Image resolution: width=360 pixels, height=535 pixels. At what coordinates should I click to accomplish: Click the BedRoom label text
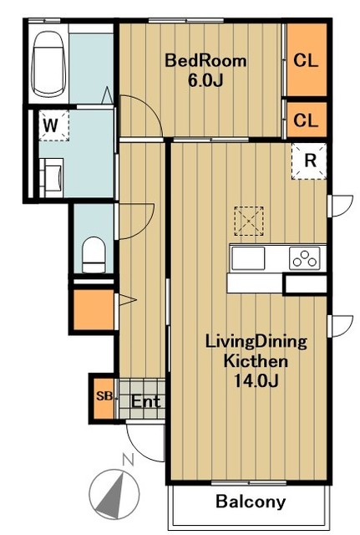pyautogui.click(x=205, y=61)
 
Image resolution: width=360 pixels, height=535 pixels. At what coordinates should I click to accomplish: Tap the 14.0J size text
pyautogui.click(x=256, y=381)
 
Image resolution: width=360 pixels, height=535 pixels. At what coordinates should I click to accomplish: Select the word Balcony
pyautogui.click(x=251, y=502)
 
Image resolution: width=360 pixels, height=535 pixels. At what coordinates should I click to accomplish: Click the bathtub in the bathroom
pyautogui.click(x=48, y=64)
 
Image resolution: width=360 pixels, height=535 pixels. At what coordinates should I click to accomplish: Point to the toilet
pyautogui.click(x=94, y=255)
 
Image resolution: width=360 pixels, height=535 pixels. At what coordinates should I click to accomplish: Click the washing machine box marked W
pyautogui.click(x=53, y=125)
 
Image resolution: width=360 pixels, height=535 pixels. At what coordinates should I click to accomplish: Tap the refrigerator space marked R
pyautogui.click(x=309, y=160)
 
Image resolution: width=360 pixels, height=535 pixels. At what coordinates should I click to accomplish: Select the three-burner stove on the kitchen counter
pyautogui.click(x=305, y=258)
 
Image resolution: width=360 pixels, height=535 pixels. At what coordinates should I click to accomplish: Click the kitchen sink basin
pyautogui.click(x=248, y=258)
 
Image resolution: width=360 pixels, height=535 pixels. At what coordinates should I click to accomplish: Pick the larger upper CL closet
pyautogui.click(x=307, y=60)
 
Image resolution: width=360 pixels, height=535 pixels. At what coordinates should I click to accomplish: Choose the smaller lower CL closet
pyautogui.click(x=307, y=120)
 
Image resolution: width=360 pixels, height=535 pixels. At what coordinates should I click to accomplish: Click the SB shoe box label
pyautogui.click(x=104, y=396)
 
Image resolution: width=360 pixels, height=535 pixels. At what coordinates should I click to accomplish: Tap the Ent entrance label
pyautogui.click(x=145, y=401)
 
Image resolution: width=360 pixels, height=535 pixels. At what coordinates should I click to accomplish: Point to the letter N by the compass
pyautogui.click(x=128, y=460)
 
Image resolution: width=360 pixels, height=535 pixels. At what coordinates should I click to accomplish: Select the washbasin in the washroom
pyautogui.click(x=52, y=177)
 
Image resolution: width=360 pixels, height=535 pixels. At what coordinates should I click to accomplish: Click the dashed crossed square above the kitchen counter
pyautogui.click(x=249, y=221)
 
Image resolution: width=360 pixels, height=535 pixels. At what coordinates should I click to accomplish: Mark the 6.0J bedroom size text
pyautogui.click(x=205, y=80)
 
